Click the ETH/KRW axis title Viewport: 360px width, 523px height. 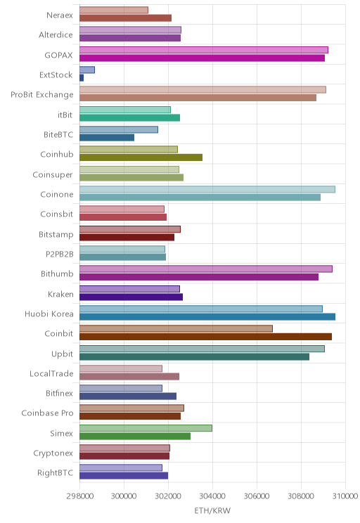(212, 510)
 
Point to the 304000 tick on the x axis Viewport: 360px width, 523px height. (212, 496)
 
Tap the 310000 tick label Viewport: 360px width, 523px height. (345, 496)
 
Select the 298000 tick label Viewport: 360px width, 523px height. (79, 496)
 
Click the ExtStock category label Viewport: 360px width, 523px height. (56, 75)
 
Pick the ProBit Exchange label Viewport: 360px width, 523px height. (41, 95)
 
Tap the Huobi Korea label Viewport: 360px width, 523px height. (49, 314)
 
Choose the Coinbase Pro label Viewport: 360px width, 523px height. (47, 413)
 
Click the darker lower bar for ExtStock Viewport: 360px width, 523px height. (82, 78)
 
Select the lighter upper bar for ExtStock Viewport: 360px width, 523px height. (87, 70)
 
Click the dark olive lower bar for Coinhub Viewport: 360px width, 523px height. (141, 157)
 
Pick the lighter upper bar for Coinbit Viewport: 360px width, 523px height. (176, 328)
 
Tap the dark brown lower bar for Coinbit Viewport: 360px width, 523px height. (205, 337)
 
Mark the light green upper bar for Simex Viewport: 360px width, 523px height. (146, 428)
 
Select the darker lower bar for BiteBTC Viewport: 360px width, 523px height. (107, 137)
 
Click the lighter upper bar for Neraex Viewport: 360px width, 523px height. (114, 10)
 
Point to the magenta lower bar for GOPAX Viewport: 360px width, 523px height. (202, 58)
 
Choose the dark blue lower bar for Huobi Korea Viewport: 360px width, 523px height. (207, 317)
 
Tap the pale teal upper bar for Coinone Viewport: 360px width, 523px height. (207, 190)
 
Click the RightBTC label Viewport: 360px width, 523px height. (55, 472)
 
